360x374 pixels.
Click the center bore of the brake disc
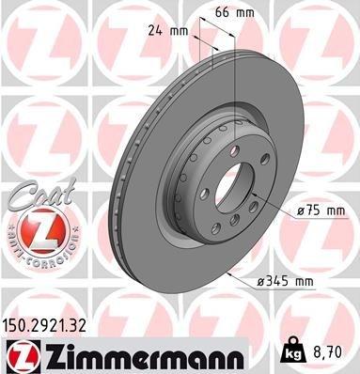click(228, 189)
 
